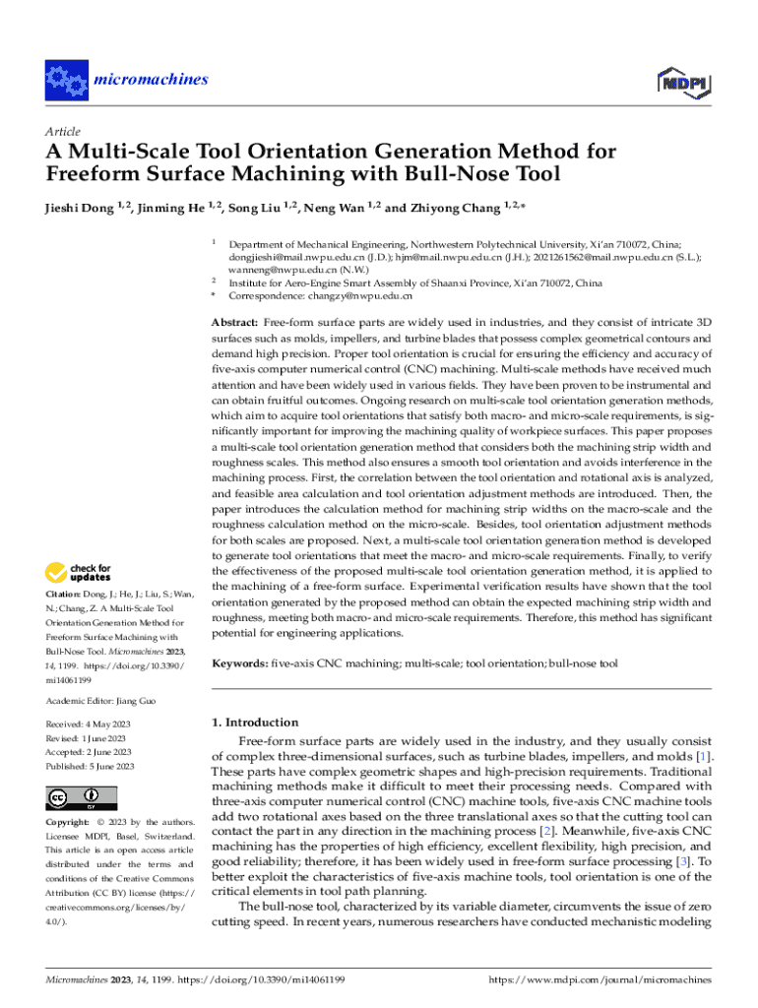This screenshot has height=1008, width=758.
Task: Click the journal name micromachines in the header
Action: click(150, 80)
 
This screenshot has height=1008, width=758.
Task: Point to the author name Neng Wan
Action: click(334, 208)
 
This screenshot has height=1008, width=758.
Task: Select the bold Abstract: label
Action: click(235, 323)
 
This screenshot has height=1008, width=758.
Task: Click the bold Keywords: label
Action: click(239, 664)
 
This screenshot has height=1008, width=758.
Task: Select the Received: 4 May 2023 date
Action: click(89, 724)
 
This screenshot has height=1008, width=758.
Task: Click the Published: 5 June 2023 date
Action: click(91, 766)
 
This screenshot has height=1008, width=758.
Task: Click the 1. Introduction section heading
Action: click(255, 722)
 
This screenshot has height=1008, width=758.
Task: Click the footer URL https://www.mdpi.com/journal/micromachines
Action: click(600, 980)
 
